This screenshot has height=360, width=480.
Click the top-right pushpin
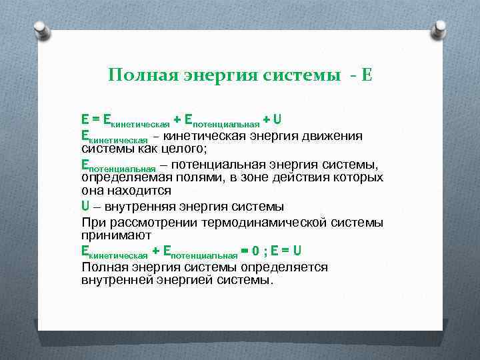click(x=439, y=29)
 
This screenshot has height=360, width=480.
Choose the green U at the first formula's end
click(x=277, y=120)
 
